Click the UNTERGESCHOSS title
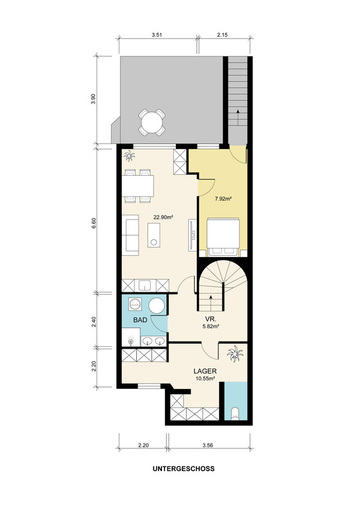tap(184, 469)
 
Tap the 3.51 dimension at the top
tap(157, 35)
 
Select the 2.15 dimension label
tap(223, 35)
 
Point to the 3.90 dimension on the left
tap(94, 98)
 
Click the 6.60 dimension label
tap(94, 224)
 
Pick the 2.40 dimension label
tap(94, 321)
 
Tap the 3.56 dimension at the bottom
tap(208, 445)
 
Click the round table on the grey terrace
tap(152, 122)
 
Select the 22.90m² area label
tap(163, 217)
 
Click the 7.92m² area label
tap(223, 199)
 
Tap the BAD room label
tap(140, 320)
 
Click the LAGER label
tap(205, 371)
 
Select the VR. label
tap(211, 319)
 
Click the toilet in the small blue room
tap(235, 414)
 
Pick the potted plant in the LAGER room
tap(235, 354)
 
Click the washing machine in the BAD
tap(134, 304)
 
